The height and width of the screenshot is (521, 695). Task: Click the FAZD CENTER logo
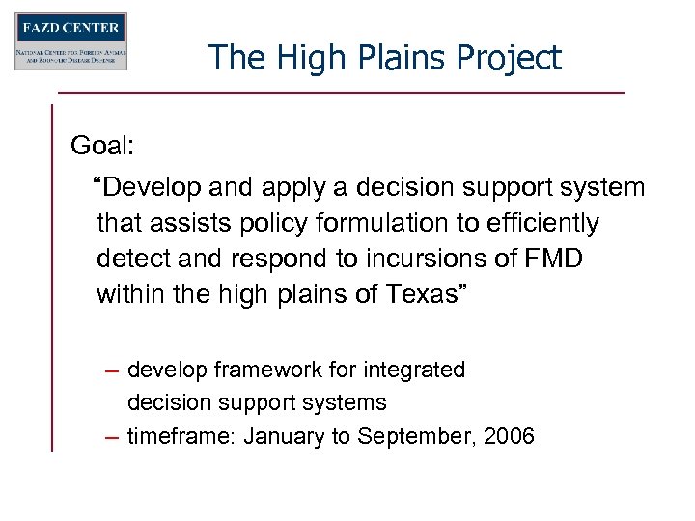70,41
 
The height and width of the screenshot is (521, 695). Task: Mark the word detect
134,260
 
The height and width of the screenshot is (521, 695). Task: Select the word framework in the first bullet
252,370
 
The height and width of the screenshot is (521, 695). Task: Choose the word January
284,436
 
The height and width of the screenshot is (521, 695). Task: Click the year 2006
509,436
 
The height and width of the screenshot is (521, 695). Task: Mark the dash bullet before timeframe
112,437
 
